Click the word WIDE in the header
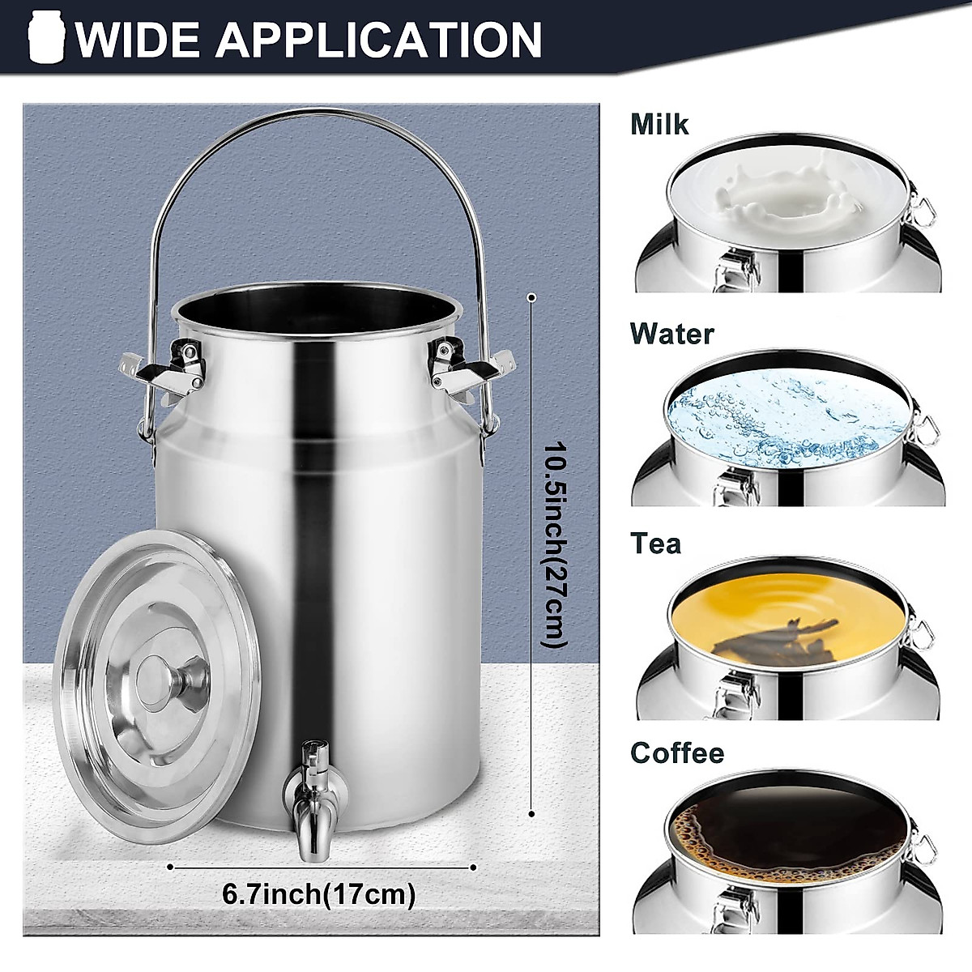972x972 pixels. pyautogui.click(x=137, y=38)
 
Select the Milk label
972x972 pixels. pyautogui.click(x=659, y=124)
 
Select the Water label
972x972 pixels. pyautogui.click(x=672, y=333)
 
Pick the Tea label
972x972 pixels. pyautogui.click(x=656, y=543)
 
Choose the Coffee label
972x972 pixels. pyautogui.click(x=677, y=752)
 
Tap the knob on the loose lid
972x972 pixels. pyautogui.click(x=159, y=679)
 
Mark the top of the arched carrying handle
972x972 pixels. pyautogui.click(x=316, y=114)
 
